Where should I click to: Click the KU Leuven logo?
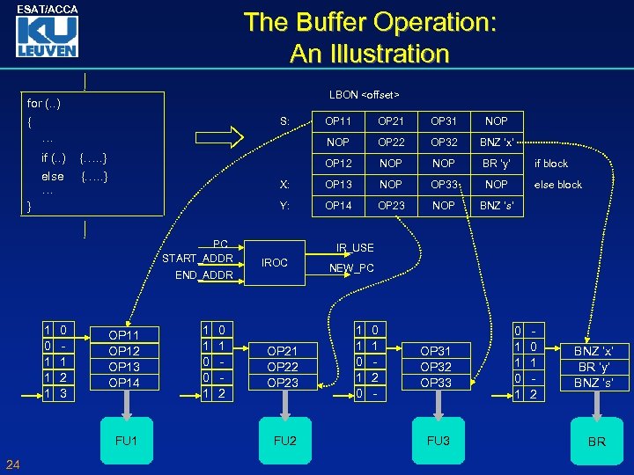point(46,37)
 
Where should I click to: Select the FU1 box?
point(126,440)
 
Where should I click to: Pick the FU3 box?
point(438,440)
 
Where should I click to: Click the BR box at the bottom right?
point(596,441)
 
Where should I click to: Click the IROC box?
point(275,262)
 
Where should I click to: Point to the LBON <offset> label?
point(364,94)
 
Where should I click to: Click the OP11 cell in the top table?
point(338,121)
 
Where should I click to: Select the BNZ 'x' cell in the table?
point(497,142)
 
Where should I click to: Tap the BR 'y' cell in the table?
point(497,164)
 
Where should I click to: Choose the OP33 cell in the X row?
point(444,185)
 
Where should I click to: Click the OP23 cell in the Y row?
point(391,206)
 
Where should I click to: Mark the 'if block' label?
point(552,164)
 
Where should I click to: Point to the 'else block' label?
point(558,185)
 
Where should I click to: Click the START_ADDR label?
point(197,259)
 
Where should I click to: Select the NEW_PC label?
point(351,268)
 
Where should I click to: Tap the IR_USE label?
point(355,248)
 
